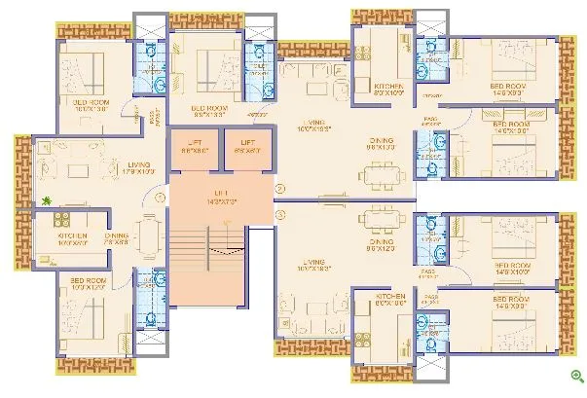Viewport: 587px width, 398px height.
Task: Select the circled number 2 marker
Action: (279, 187)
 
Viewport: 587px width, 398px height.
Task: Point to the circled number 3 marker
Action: (279, 214)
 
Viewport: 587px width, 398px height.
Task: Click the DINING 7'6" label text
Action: (117, 237)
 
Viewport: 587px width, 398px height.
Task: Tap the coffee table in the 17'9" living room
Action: (78, 167)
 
